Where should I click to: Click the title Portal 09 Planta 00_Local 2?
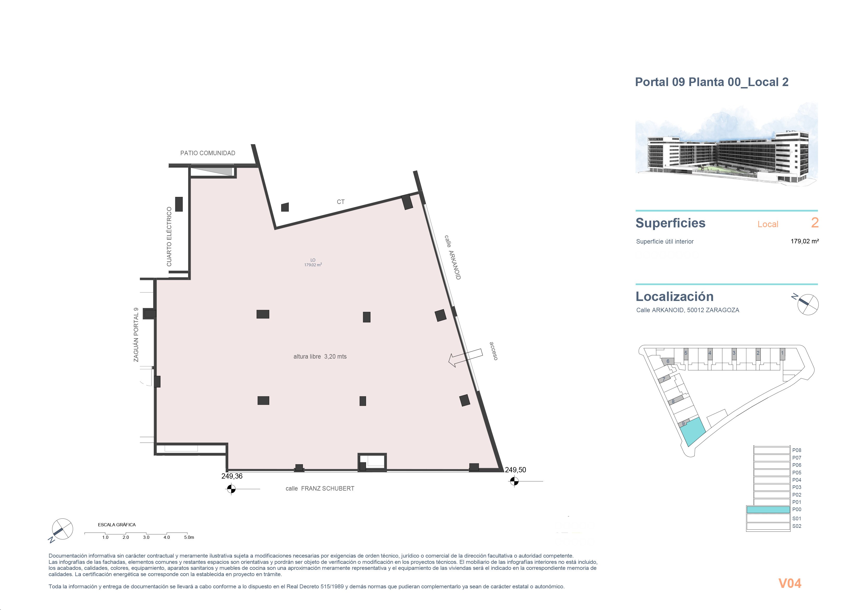711,82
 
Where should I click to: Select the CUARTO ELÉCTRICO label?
169,236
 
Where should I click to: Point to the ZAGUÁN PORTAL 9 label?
136,335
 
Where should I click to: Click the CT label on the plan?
340,202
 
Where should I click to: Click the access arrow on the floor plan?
466,358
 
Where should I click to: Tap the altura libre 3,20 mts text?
320,356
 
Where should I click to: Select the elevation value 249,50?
515,470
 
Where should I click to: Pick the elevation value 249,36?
232,476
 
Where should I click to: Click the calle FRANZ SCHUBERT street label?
320,489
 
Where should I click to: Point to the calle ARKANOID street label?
453,257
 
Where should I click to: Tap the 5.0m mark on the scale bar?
189,537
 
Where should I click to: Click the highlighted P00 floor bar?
768,510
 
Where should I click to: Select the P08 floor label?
796,450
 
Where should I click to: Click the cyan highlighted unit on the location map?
693,431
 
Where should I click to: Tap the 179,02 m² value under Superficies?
804,241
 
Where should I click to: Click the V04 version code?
790,583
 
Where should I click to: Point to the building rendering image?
727,145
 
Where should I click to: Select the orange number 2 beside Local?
814,223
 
